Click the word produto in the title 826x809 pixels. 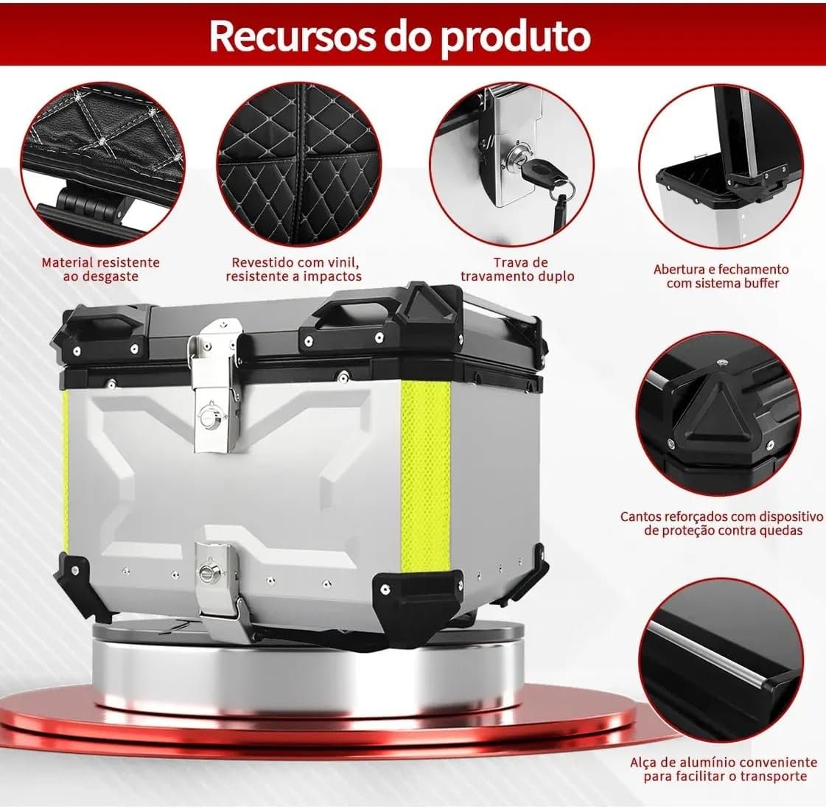516,35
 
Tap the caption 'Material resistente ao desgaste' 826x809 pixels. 100,269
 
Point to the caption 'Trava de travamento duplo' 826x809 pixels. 517,269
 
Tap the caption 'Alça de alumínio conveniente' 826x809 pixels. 724,768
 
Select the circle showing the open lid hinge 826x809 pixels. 721,169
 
